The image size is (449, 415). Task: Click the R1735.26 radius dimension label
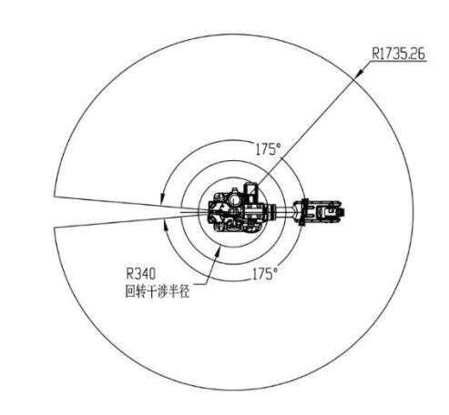tap(398, 54)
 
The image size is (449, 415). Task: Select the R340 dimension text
tap(140, 273)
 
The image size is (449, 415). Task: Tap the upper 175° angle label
tap(268, 149)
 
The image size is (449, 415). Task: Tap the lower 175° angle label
tap(265, 274)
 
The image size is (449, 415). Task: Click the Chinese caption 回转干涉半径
tap(158, 291)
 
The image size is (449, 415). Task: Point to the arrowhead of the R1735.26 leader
tap(359, 73)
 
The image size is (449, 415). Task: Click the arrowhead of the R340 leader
tap(219, 250)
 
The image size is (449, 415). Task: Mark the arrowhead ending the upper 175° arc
tap(162, 197)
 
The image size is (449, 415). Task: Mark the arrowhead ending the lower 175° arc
tap(166, 226)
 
